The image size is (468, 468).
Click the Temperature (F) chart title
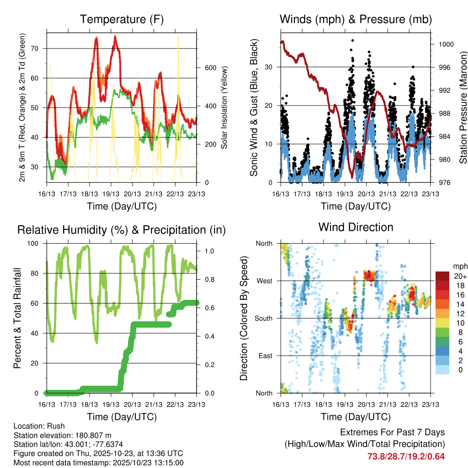click(x=122, y=19)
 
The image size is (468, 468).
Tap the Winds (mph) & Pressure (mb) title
click(x=356, y=19)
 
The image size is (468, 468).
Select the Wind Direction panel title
click(x=356, y=227)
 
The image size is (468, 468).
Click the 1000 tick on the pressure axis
click(x=446, y=44)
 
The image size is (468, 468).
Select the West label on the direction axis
click(x=264, y=281)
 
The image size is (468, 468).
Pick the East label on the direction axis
click(x=265, y=356)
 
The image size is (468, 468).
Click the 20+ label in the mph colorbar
click(x=460, y=276)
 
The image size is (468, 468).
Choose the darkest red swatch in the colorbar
click(x=442, y=276)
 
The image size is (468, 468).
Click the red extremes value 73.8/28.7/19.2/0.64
click(x=406, y=456)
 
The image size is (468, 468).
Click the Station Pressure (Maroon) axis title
click(x=463, y=107)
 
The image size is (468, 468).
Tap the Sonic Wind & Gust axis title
click(x=254, y=108)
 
